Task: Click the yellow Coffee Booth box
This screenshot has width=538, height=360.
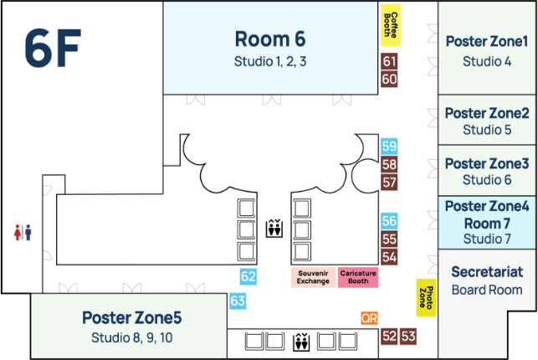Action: tap(389, 26)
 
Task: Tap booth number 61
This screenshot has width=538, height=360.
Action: tap(389, 61)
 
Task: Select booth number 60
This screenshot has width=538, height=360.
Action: tap(389, 80)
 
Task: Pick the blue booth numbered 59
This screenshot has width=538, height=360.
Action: tap(389, 147)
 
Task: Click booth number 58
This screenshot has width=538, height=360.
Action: tap(389, 165)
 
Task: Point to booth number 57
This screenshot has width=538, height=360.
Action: tap(389, 183)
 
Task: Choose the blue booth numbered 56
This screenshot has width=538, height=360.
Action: tap(389, 221)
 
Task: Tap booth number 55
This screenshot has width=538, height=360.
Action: tap(389, 239)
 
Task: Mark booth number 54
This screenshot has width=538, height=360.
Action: tap(389, 257)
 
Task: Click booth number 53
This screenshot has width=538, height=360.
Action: tap(408, 337)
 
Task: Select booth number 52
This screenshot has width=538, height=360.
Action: tap(389, 337)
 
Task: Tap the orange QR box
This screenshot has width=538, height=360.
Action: tap(369, 318)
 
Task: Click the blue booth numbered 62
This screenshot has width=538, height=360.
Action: tap(248, 276)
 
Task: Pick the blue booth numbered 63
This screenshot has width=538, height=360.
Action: tap(238, 301)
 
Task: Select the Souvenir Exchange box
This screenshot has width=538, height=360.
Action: tap(313, 277)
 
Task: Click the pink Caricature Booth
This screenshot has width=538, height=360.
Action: tap(358, 277)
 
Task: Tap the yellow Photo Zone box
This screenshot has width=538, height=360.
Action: tap(426, 296)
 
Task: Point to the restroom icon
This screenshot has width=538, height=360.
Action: tap(23, 232)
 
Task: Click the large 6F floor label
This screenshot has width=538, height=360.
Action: tap(52, 49)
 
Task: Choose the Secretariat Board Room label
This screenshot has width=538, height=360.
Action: tap(486, 280)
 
